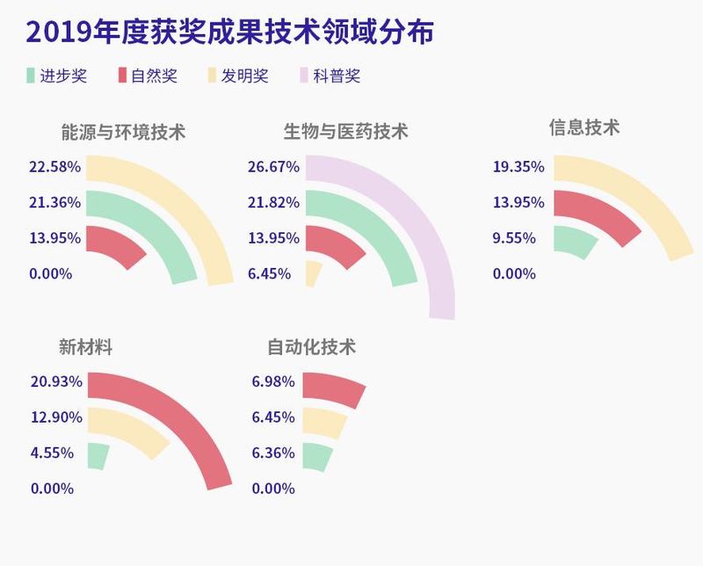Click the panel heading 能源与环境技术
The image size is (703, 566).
pos(123,133)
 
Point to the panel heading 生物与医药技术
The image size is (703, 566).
pos(346,133)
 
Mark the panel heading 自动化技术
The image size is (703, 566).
pos(312,346)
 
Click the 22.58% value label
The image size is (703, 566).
pos(54,167)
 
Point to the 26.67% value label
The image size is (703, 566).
pos(274,167)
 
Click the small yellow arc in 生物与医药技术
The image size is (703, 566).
pos(313,273)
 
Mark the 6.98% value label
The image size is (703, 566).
pos(273,381)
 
